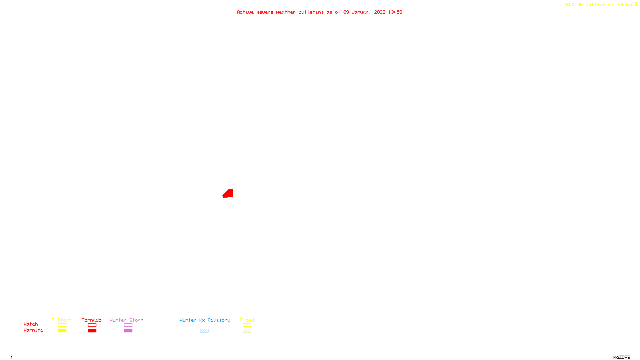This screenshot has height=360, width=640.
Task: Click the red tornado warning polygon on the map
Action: pyautogui.click(x=228, y=194)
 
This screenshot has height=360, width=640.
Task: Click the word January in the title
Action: pyautogui.click(x=362, y=12)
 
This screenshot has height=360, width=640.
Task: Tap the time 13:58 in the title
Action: pyautogui.click(x=395, y=12)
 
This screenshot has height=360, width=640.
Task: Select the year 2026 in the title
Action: pyautogui.click(x=380, y=12)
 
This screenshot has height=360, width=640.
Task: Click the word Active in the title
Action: pyautogui.click(x=245, y=12)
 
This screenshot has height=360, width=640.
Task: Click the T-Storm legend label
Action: pyautogui.click(x=62, y=320)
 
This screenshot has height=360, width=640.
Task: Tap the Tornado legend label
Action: pyautogui.click(x=92, y=320)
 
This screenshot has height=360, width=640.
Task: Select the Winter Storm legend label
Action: pyautogui.click(x=126, y=320)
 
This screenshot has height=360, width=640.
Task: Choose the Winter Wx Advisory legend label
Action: pyautogui.click(x=205, y=320)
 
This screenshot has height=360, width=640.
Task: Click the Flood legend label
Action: pyautogui.click(x=247, y=320)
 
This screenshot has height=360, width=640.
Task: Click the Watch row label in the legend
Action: pyautogui.click(x=31, y=324)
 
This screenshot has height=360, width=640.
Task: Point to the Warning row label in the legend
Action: pyautogui.click(x=34, y=330)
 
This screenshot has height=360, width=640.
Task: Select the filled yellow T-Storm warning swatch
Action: pyautogui.click(x=62, y=331)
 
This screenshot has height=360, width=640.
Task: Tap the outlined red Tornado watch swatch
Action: pyautogui.click(x=92, y=325)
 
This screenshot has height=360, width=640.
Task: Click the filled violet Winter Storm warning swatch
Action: pyautogui.click(x=128, y=331)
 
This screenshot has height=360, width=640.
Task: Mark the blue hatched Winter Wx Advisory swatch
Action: pyautogui.click(x=204, y=331)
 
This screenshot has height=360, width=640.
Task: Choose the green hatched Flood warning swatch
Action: pyautogui.click(x=247, y=331)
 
